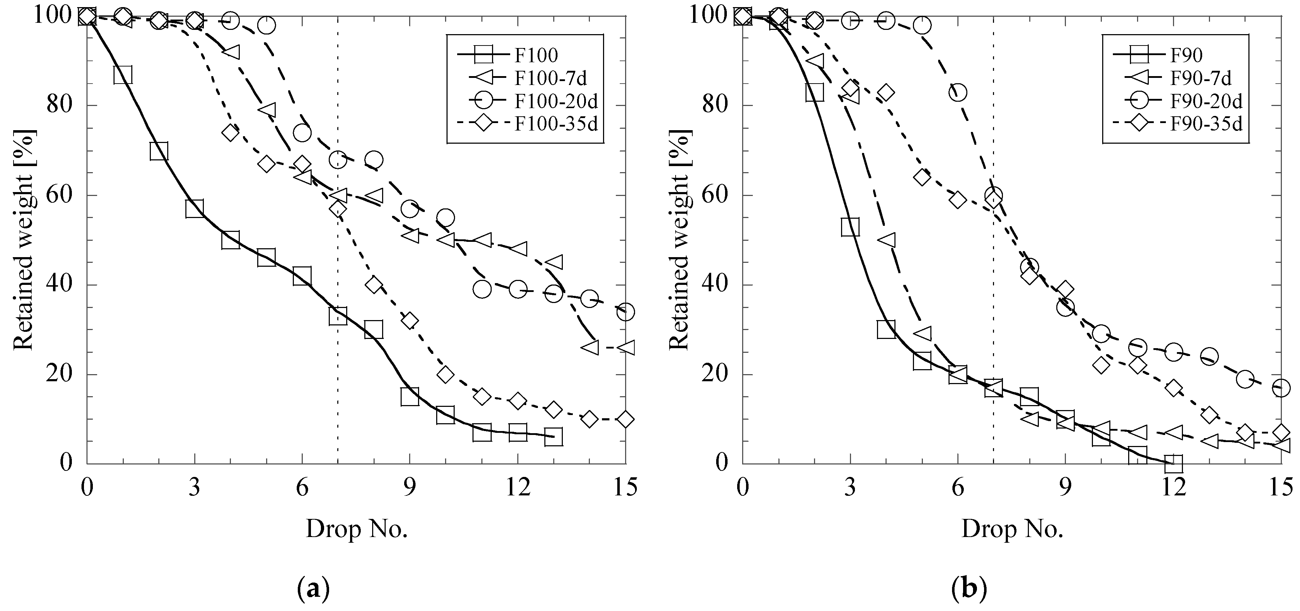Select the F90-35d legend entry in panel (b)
point(1206,124)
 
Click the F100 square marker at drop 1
point(123,75)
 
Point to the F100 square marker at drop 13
point(554,437)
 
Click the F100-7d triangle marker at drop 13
point(554,262)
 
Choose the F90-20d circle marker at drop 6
point(957,92)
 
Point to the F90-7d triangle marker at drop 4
point(887,240)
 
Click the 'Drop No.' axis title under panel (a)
point(356,529)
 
